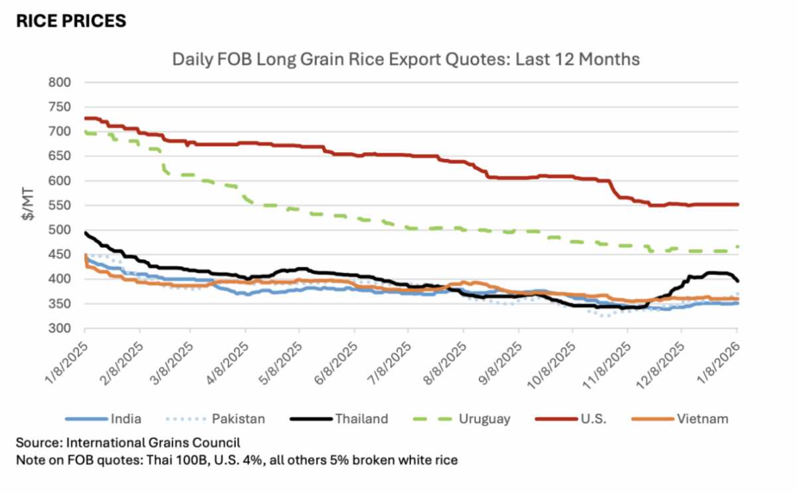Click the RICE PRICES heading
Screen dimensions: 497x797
coord(71,21)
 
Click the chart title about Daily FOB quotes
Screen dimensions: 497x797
coord(406,59)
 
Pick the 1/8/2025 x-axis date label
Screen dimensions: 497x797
coord(68,363)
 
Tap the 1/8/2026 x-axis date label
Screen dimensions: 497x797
coord(720,363)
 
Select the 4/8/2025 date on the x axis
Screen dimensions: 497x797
coord(230,363)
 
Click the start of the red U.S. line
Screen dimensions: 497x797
coord(86,118)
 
